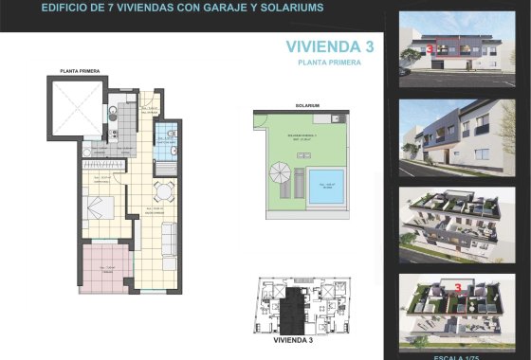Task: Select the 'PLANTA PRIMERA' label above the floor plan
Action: [x=82, y=71]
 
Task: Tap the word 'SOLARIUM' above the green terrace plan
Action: [x=307, y=105]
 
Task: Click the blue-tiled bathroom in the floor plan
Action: [x=167, y=143]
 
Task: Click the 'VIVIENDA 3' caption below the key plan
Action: [x=292, y=338]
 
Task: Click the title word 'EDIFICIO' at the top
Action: [x=67, y=7]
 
